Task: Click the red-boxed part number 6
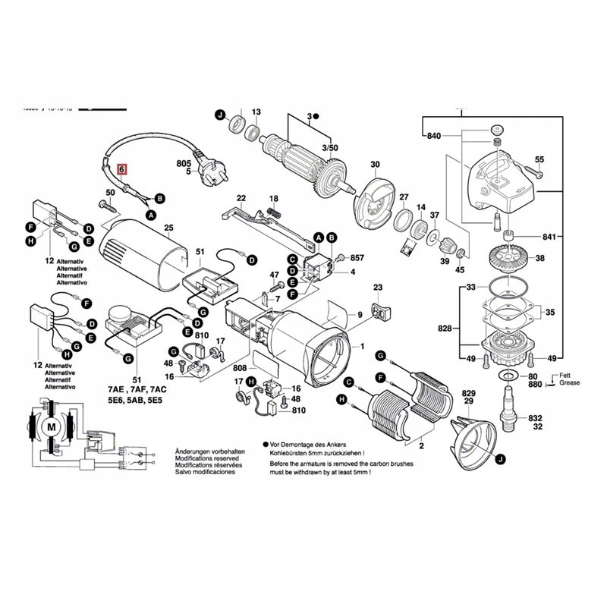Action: click(122, 171)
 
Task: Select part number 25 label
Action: click(168, 228)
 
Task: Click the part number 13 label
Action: click(256, 112)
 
